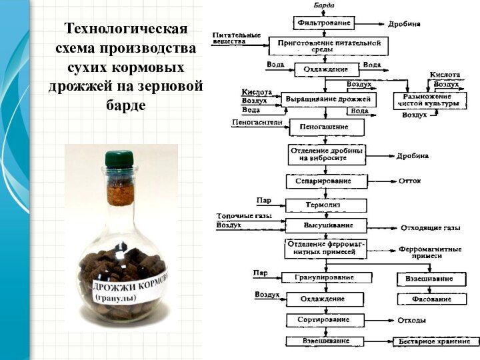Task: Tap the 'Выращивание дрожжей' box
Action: [327, 100]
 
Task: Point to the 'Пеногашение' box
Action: [327, 127]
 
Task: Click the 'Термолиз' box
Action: [326, 205]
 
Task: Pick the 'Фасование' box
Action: [430, 299]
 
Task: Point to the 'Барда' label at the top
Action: [325, 5]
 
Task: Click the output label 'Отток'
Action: [409, 181]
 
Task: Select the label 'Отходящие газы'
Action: [430, 228]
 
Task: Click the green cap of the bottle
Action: [120, 159]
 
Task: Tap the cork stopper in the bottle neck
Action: [121, 189]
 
